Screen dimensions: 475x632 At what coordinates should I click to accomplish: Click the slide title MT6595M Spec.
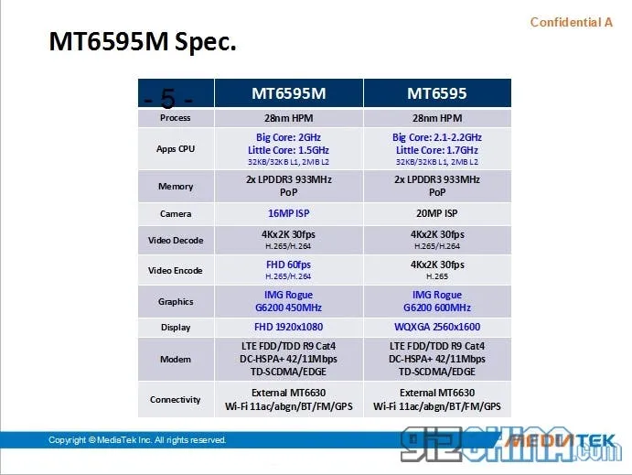(142, 41)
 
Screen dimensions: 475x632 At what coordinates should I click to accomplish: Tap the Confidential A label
(571, 22)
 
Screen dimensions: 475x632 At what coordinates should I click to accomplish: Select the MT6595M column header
(288, 93)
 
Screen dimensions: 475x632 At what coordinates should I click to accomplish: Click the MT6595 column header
(436, 93)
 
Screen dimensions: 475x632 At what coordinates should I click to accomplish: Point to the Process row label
(175, 118)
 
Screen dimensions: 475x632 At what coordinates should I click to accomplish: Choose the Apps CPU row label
(176, 149)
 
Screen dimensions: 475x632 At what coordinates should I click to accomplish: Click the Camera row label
(176, 213)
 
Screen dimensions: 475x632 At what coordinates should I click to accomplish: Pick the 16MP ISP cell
(288, 213)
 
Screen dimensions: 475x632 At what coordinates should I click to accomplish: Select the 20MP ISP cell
(436, 213)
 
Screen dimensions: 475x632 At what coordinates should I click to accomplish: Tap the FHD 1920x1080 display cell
(288, 327)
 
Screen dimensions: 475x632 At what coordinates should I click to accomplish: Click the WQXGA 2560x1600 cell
(436, 327)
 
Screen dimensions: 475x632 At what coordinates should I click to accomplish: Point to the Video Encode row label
(176, 270)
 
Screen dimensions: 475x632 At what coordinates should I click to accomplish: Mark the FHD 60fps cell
(288, 264)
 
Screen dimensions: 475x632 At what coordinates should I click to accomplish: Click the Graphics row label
(176, 301)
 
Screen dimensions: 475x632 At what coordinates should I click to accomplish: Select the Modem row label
(176, 360)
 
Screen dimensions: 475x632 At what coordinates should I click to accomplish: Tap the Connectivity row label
(176, 399)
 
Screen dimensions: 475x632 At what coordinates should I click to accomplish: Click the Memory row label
(176, 186)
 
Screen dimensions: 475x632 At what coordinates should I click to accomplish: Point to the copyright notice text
(137, 440)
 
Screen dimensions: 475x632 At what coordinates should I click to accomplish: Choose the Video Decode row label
(176, 241)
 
